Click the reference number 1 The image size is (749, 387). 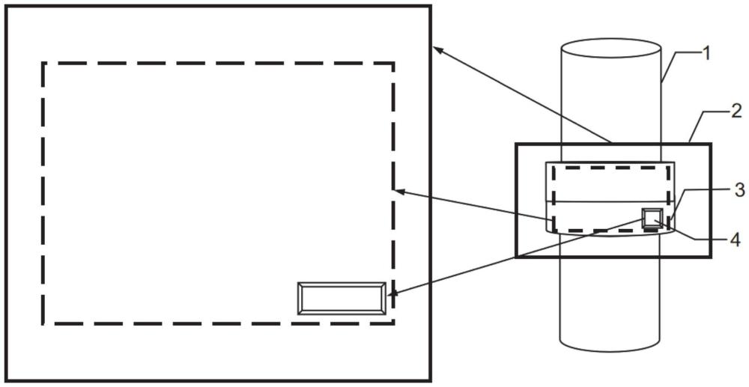click(705, 54)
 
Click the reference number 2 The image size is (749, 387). click(736, 112)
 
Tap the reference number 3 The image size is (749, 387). click(739, 190)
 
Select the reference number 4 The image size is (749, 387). click(736, 240)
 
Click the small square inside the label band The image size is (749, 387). click(652, 218)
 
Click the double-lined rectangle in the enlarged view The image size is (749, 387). click(342, 299)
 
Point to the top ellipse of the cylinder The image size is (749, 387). click(611, 48)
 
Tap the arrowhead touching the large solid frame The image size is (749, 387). click(437, 49)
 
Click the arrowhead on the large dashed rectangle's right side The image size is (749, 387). click(400, 192)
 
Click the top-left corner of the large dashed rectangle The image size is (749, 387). click(43, 63)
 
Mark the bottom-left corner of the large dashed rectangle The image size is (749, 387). click(43, 323)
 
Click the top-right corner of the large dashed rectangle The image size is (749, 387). click(393, 63)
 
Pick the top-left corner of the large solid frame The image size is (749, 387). click(6, 6)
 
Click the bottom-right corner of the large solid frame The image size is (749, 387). click(431, 381)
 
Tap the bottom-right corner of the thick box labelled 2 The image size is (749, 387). click(711, 257)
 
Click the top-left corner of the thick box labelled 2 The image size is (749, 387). click(516, 144)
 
